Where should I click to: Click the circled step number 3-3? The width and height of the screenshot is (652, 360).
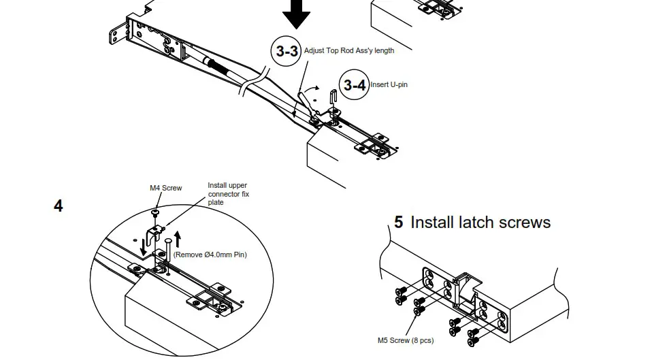(285, 51)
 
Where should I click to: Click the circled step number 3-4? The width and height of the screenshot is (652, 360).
(353, 84)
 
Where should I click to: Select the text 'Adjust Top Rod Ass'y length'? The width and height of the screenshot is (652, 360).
(348, 50)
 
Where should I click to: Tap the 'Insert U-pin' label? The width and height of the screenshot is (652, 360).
(389, 84)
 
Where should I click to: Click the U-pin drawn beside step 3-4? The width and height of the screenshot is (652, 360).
(333, 97)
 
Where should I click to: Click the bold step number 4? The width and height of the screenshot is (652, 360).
(59, 206)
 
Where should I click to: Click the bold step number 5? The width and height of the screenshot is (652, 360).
(398, 223)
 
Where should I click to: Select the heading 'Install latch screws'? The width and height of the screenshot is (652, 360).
(480, 223)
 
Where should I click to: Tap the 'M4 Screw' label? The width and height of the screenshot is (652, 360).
(165, 188)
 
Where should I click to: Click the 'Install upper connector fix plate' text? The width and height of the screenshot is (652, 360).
(228, 194)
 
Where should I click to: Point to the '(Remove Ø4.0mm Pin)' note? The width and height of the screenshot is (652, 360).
(210, 255)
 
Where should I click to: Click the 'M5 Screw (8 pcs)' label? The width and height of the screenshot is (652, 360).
(405, 340)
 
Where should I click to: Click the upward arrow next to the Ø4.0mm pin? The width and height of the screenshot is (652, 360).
(178, 238)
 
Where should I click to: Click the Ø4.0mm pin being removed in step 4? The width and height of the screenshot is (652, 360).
(166, 247)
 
